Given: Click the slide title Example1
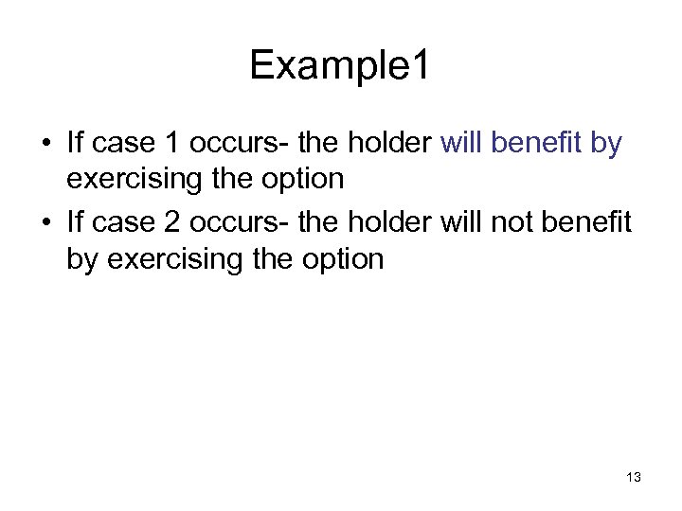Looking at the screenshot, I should [x=340, y=65].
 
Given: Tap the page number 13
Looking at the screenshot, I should [x=633, y=477].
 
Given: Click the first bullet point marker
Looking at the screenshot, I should [x=45, y=145].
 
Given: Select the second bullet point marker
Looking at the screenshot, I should [x=45, y=221].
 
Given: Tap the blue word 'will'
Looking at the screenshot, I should [x=463, y=144].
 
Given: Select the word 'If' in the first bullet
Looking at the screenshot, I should [x=76, y=144].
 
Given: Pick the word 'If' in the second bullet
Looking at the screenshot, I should [x=76, y=220].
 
